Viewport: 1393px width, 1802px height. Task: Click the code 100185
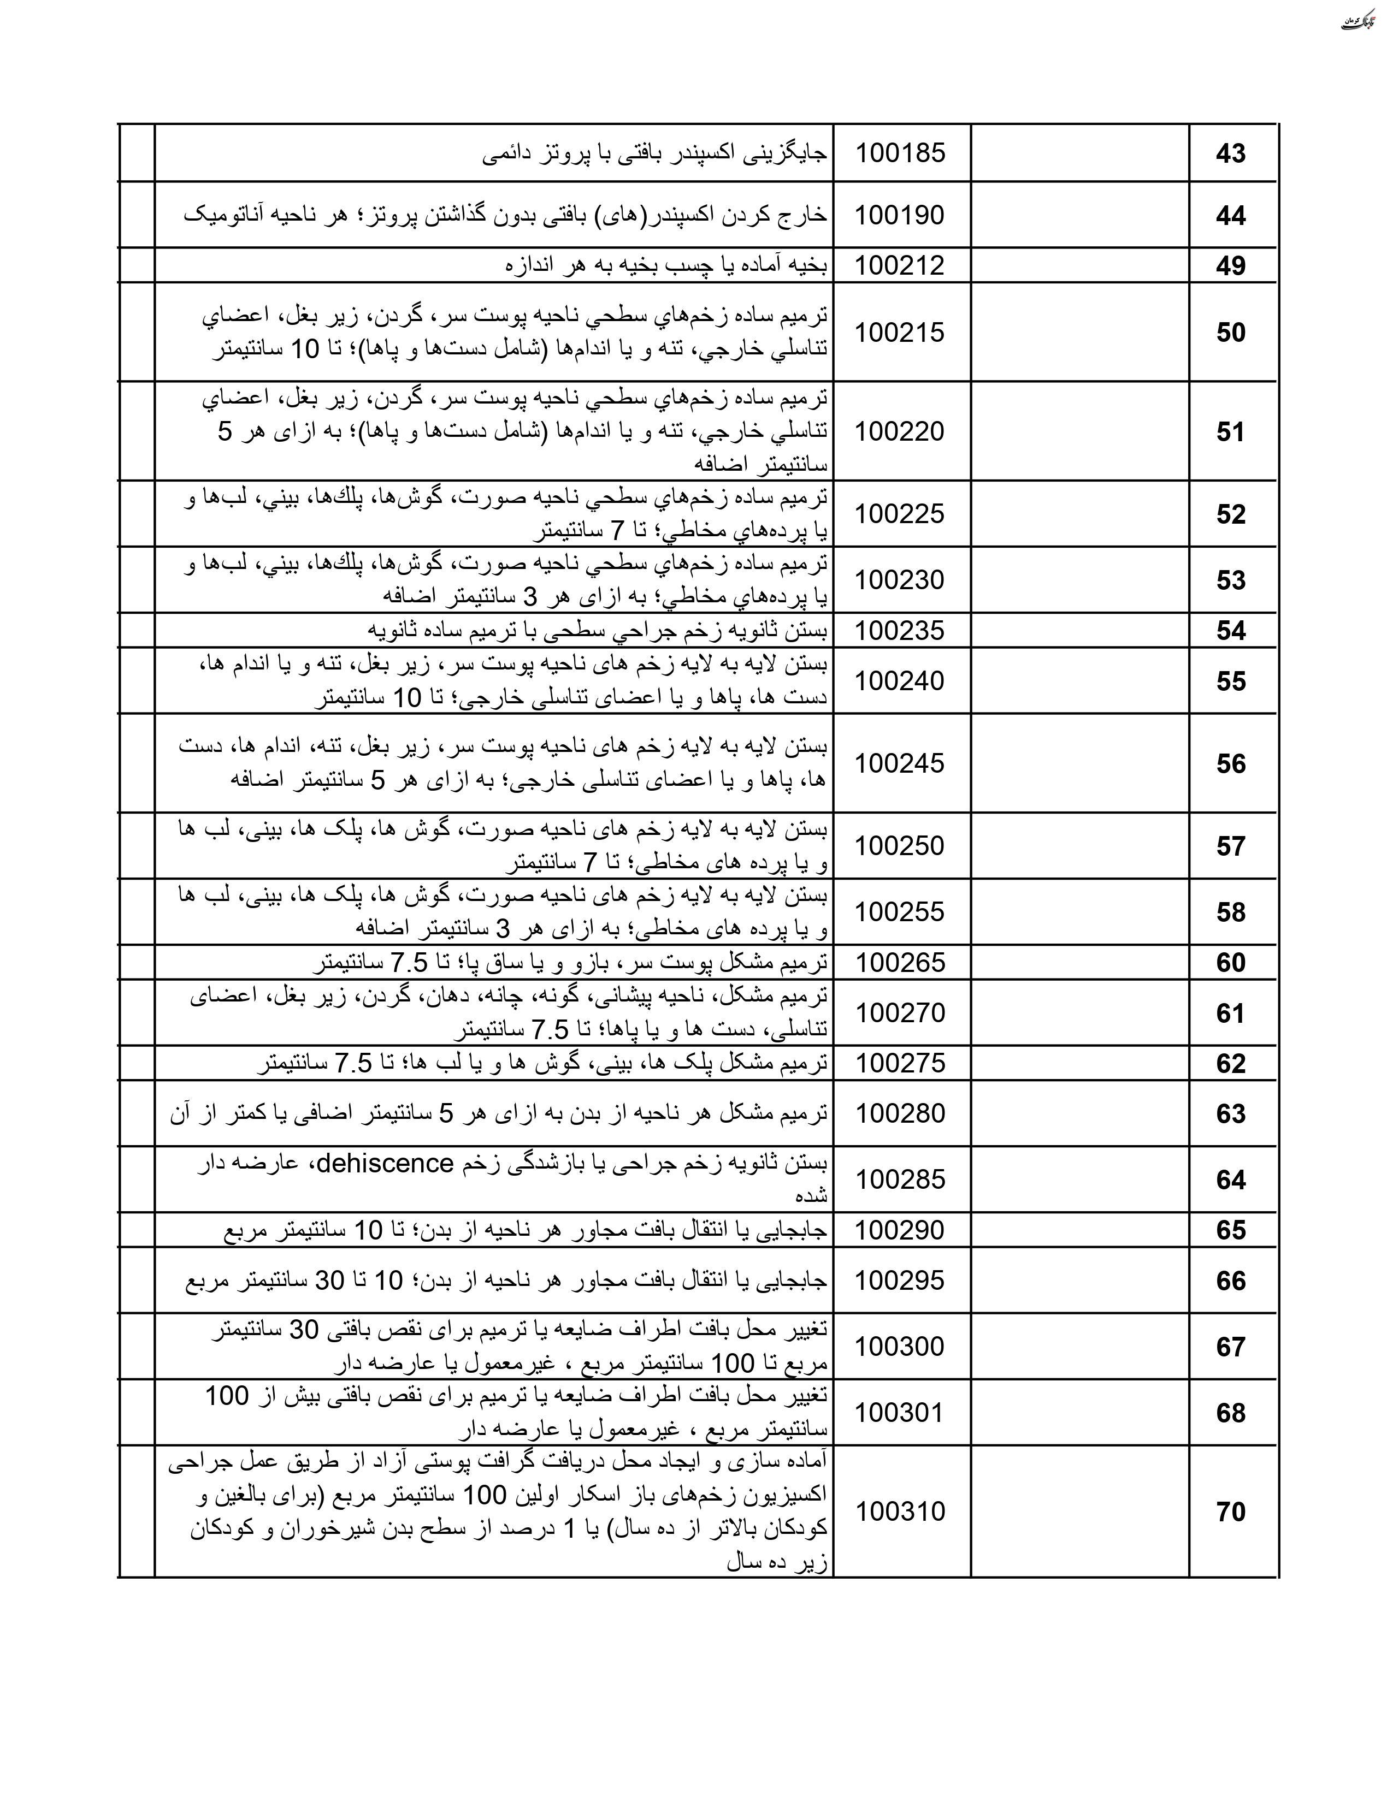coord(900,153)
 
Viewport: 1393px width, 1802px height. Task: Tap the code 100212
coord(900,266)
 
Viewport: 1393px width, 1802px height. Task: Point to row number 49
coord(1230,266)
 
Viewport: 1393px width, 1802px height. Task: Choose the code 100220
coord(900,431)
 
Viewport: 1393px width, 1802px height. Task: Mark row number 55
coord(1230,681)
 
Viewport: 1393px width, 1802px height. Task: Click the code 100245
coord(900,764)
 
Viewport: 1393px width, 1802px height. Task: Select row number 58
coord(1230,912)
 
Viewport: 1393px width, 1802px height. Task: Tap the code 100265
coord(900,963)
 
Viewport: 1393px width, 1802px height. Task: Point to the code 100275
coord(900,1064)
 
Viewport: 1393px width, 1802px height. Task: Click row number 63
coord(1230,1114)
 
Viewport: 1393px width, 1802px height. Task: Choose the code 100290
coord(900,1230)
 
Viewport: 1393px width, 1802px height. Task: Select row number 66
coord(1230,1282)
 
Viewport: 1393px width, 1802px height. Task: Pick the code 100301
coord(900,1413)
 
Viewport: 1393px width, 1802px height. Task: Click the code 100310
coord(900,1511)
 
